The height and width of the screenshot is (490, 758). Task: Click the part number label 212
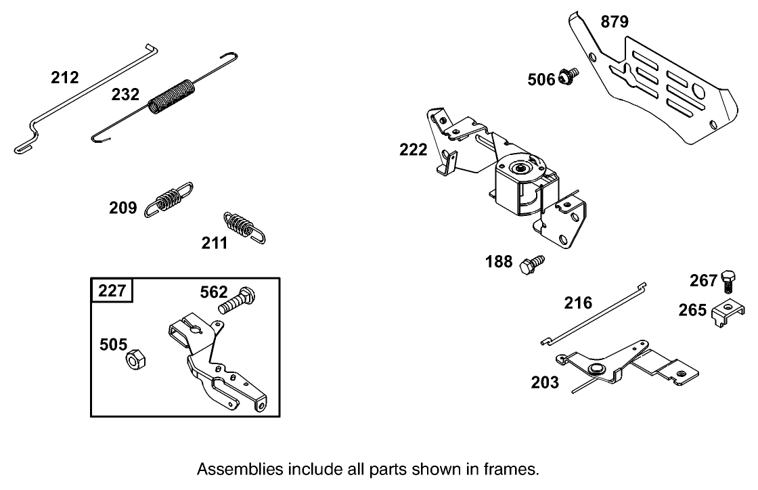pos(65,78)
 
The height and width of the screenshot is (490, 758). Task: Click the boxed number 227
pos(112,291)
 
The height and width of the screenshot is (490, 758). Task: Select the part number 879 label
pos(615,22)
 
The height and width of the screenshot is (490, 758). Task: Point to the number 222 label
pos(414,150)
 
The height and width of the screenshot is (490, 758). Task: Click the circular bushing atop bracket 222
pos(522,167)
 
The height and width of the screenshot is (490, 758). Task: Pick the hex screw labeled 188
pos(531,263)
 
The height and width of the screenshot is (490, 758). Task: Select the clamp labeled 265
pos(723,313)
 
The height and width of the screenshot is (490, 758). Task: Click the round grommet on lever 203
pos(596,369)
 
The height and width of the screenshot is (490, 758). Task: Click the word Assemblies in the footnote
pos(240,468)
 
